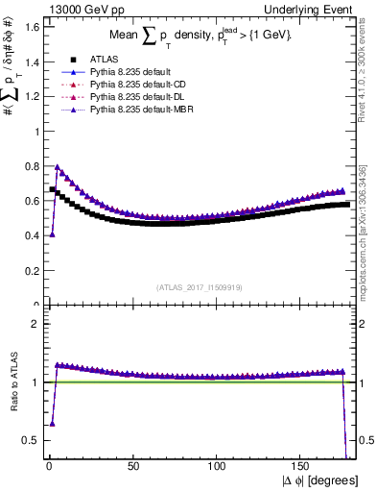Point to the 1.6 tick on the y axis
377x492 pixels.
coord(30,27)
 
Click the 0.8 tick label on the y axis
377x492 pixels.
coord(30,166)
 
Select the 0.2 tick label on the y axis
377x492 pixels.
coord(30,271)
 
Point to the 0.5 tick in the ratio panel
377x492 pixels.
coord(30,440)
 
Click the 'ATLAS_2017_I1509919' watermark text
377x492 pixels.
coord(200,285)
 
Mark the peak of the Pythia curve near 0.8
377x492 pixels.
coord(57,167)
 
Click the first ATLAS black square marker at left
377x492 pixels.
coord(53,189)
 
